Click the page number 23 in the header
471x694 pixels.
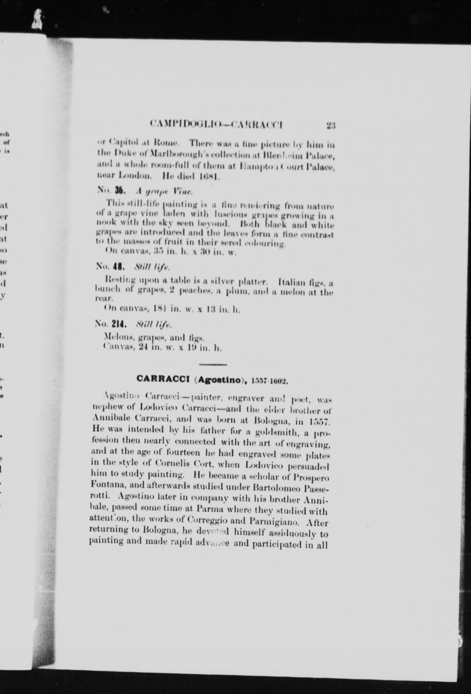(x=331, y=125)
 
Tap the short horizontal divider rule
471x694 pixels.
(x=213, y=364)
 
